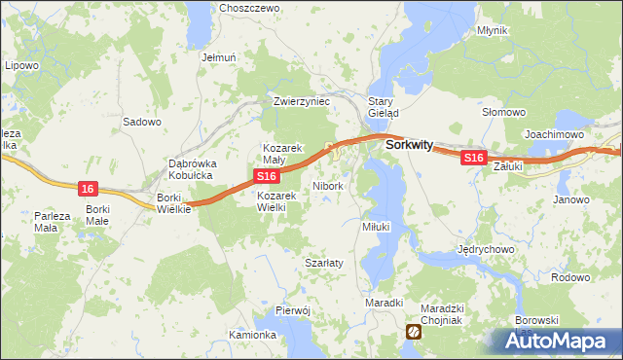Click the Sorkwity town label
pyautogui.click(x=409, y=144)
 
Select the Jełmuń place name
pyautogui.click(x=219, y=57)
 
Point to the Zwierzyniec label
pyautogui.click(x=303, y=100)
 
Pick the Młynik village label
pyautogui.click(x=493, y=30)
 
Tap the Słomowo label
pyautogui.click(x=504, y=112)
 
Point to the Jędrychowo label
pyautogui.click(x=486, y=248)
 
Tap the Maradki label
pyautogui.click(x=384, y=303)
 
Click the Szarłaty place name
pyautogui.click(x=323, y=264)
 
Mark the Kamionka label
pyautogui.click(x=252, y=335)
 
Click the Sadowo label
pyautogui.click(x=141, y=122)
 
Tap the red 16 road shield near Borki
pyautogui.click(x=89, y=188)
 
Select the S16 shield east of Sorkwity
pyautogui.click(x=473, y=158)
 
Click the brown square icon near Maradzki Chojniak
pyautogui.click(x=414, y=333)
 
